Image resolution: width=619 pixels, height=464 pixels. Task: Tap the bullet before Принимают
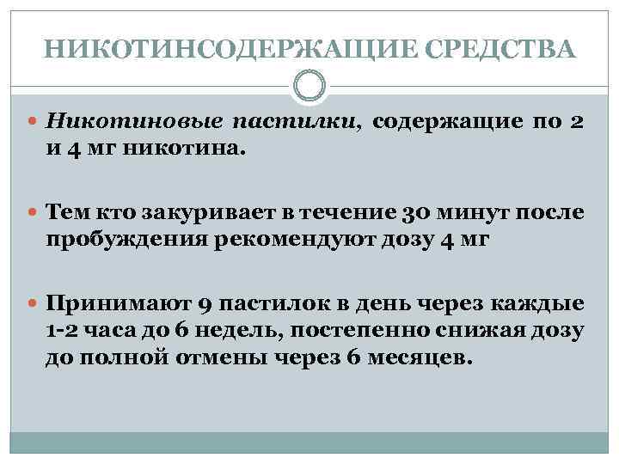34,304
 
